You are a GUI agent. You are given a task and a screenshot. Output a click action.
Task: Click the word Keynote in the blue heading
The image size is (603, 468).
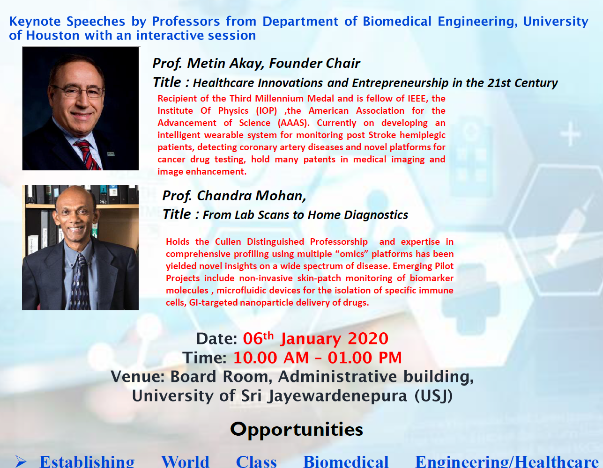coord(35,22)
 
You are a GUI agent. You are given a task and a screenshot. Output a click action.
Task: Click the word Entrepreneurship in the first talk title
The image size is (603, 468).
coord(400,83)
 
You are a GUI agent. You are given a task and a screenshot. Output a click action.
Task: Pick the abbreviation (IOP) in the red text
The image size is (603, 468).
coord(267,111)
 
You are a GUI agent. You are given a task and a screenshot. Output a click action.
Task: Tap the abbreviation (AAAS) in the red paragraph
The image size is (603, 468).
coord(294,123)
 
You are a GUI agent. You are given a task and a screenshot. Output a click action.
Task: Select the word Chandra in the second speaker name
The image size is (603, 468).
coord(224,196)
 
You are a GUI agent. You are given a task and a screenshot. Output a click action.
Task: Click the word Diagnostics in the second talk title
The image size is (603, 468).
coord(376,215)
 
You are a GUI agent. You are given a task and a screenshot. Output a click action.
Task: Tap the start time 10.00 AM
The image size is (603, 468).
coord(271,358)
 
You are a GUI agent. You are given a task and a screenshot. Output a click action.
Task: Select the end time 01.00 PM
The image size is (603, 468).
coord(365,358)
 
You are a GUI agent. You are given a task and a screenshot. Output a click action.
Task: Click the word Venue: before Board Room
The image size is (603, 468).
coord(138,377)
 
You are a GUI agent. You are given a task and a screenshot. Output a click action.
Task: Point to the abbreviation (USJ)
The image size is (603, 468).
coord(434,396)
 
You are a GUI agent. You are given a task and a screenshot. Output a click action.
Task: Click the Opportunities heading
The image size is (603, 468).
coord(297,430)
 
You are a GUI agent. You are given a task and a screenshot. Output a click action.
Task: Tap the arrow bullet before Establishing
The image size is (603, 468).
coord(21,461)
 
